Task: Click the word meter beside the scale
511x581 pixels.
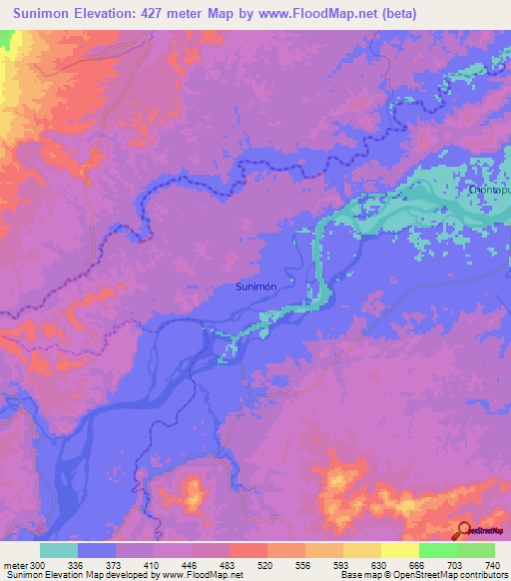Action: [x=15, y=564]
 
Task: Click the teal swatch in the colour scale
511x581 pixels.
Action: [x=59, y=550]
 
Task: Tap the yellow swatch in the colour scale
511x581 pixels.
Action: [x=400, y=550]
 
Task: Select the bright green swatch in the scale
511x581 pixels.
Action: [x=438, y=550]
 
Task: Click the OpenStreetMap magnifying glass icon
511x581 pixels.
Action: [x=465, y=530]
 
